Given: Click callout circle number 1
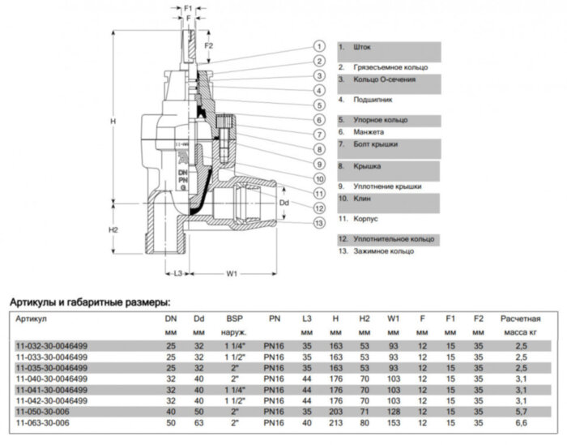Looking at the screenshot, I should [321, 46].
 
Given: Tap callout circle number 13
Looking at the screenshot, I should [321, 222].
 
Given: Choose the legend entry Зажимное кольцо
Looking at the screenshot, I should [379, 252].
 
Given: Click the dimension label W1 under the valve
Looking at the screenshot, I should [231, 274].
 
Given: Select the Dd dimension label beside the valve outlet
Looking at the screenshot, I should [283, 202].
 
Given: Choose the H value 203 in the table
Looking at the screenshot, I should [335, 410].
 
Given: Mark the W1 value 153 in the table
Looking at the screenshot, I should [393, 422].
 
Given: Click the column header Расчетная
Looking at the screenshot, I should [520, 319].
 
